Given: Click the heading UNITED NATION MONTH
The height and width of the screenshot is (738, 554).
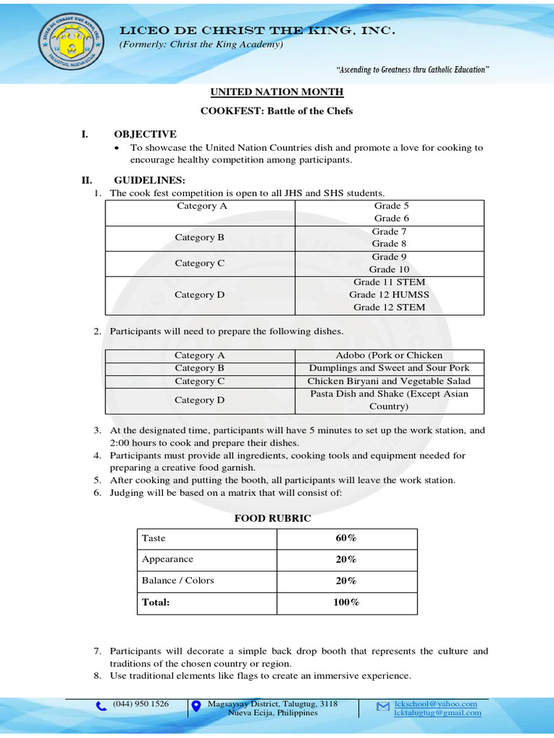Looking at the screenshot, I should coord(276,92).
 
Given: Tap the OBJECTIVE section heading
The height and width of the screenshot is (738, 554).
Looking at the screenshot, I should coord(145,134).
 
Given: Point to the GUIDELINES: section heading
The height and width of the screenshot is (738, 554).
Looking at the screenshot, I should coord(149,179).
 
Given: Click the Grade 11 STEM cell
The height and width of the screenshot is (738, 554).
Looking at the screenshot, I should coord(389,283).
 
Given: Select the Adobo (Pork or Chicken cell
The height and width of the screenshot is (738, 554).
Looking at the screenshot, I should coord(389,355).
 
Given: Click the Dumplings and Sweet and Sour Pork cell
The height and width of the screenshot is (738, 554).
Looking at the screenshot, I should coord(389,368).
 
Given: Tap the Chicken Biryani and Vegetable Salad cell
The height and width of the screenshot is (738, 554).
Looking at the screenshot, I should coord(389,381).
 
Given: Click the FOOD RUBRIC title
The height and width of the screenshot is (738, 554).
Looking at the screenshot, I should coord(273,518).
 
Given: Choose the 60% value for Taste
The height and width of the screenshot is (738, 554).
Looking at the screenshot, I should coord(346,538).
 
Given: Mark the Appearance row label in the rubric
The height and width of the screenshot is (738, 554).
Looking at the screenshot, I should coord(168,559).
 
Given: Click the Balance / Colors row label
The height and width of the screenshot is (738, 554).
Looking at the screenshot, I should coord(178,580).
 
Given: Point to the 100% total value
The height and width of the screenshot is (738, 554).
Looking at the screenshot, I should coord(346,603).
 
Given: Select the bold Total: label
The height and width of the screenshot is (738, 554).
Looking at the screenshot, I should coord(156,603).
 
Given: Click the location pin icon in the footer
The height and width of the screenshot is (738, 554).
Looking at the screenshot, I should coord(196,707).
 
